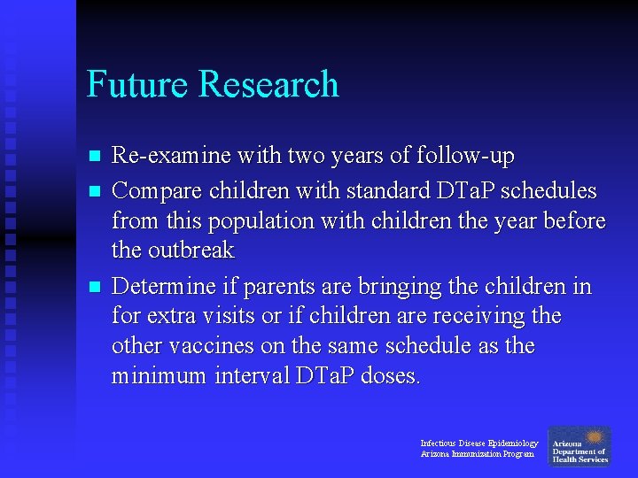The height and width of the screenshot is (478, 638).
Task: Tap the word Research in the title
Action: tap(269, 84)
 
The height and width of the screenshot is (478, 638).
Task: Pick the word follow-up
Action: tap(469, 157)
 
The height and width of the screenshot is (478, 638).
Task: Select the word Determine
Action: tap(164, 286)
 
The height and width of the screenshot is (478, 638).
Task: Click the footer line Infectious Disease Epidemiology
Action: tap(478, 443)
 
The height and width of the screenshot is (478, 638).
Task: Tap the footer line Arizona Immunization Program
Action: tap(477, 454)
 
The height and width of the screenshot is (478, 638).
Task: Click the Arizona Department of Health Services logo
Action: tap(580, 447)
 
